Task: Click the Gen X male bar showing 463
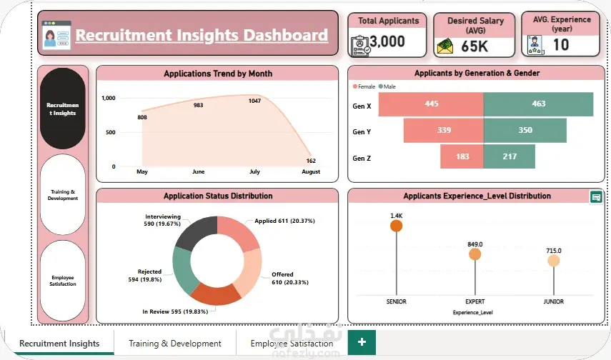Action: coord(538,104)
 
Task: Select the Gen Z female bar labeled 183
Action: coord(462,156)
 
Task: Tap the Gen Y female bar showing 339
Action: coord(444,131)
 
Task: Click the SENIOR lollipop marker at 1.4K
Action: coord(397,226)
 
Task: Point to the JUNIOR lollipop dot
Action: coord(554,261)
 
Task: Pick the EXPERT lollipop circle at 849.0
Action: coord(475,254)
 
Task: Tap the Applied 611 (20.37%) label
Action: coord(284,221)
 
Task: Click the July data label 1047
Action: coord(254,101)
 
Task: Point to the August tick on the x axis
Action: coord(311,171)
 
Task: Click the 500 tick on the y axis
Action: coord(111,132)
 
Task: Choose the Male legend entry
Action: coord(387,86)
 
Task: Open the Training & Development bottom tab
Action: coord(175,344)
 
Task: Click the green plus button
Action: coord(362,342)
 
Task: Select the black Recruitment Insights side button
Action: coord(63,109)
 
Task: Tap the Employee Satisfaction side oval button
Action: coord(63,281)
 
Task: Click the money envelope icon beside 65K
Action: coord(445,46)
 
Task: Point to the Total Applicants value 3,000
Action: coord(387,41)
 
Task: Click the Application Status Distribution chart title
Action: coord(218,196)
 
